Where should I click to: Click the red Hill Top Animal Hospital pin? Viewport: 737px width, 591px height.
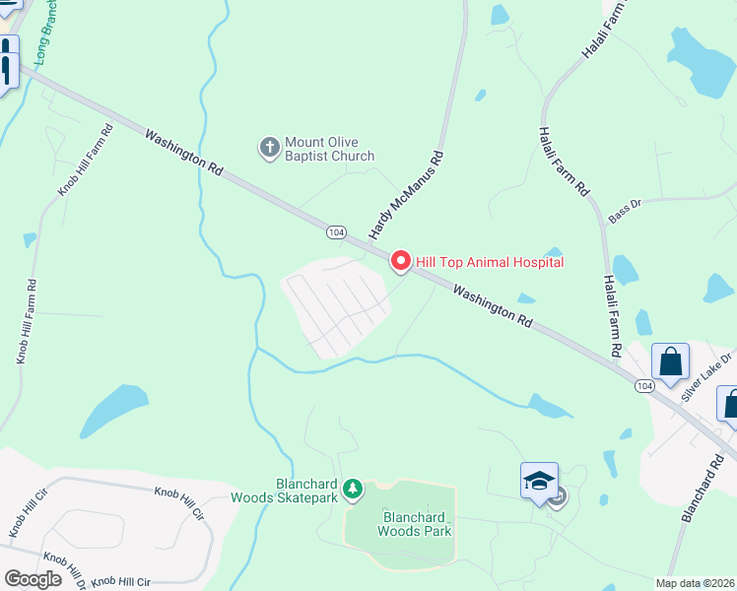pyautogui.click(x=400, y=261)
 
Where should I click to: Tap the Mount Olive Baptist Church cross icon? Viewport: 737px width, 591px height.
pyautogui.click(x=269, y=149)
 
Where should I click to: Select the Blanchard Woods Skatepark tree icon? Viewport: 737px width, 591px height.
pyautogui.click(x=352, y=488)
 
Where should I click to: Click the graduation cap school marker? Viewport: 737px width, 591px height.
pyautogui.click(x=539, y=480)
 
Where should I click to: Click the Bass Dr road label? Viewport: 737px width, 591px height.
pyautogui.click(x=625, y=210)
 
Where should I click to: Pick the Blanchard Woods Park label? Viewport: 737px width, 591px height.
pyautogui.click(x=416, y=524)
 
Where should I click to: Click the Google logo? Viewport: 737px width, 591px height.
pyautogui.click(x=33, y=579)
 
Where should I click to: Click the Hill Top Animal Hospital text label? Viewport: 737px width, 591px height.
pyautogui.click(x=490, y=262)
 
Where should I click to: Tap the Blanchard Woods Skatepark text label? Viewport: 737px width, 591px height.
pyautogui.click(x=284, y=491)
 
